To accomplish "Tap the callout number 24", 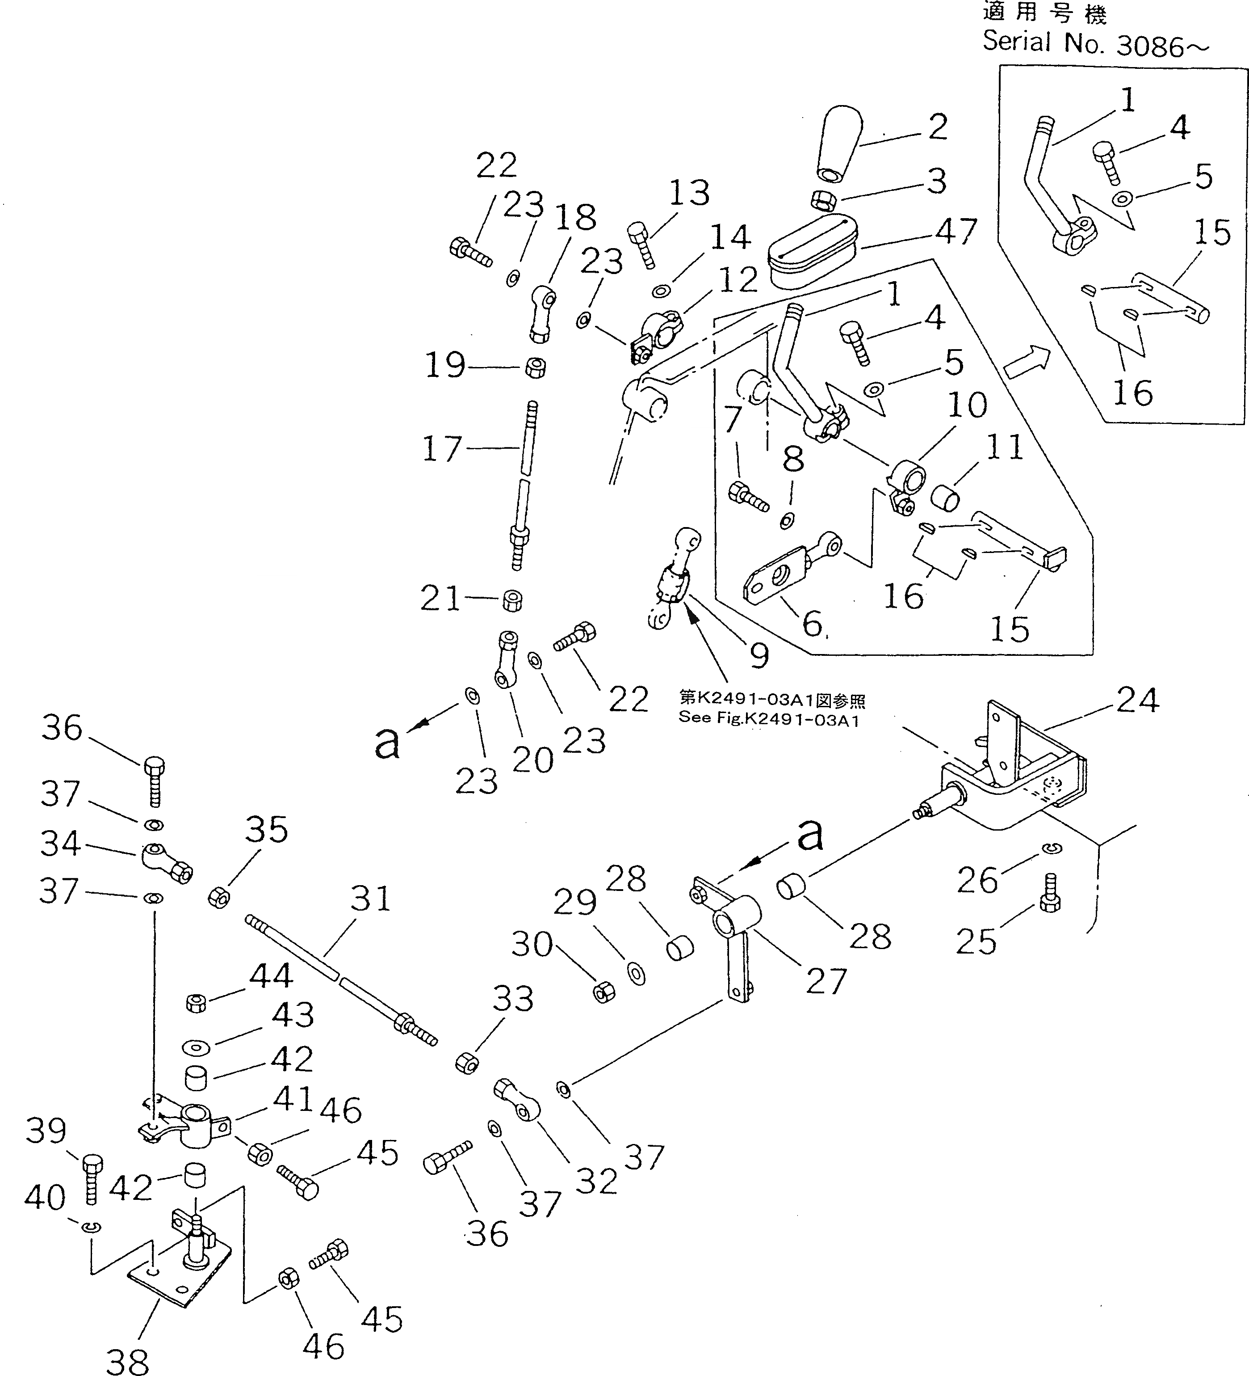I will pyautogui.click(x=1137, y=700).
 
